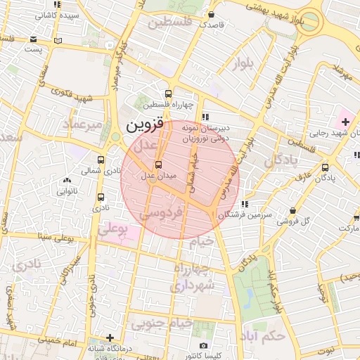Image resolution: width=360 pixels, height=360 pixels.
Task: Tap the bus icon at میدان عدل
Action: coord(157,165)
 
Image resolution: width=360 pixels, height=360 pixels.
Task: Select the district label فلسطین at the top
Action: coord(169,22)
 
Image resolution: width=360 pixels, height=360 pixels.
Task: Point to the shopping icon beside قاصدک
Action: coord(211,14)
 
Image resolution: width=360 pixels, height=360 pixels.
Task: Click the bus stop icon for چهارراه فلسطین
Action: coord(168,94)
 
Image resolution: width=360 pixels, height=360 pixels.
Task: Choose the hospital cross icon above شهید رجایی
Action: coord(345,113)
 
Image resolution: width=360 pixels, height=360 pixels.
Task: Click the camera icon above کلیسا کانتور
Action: coord(203,345)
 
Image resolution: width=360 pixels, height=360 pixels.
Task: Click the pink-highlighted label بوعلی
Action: coord(116,229)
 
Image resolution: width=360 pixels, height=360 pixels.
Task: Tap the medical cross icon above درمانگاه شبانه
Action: coord(109,337)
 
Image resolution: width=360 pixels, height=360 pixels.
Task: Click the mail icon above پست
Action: coord(34,39)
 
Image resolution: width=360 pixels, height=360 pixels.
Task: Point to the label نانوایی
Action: coord(68,190)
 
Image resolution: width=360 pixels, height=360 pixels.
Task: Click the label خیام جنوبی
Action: coord(162,323)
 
